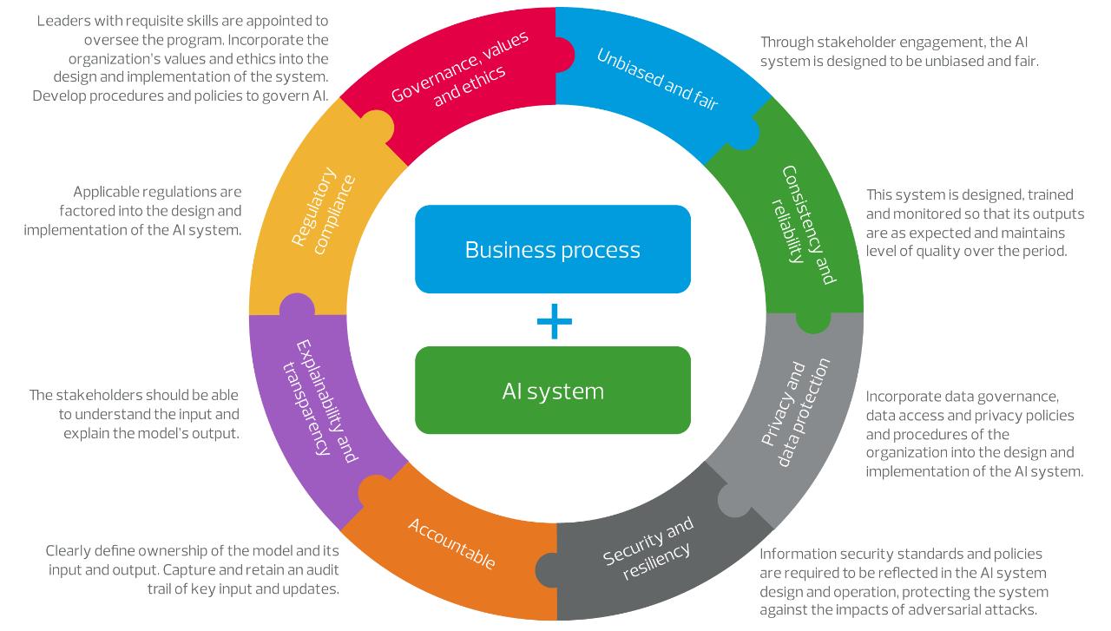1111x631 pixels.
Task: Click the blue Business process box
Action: pyautogui.click(x=553, y=249)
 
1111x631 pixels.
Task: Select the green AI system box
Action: pyautogui.click(x=553, y=391)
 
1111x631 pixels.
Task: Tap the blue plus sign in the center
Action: pyautogui.click(x=554, y=322)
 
